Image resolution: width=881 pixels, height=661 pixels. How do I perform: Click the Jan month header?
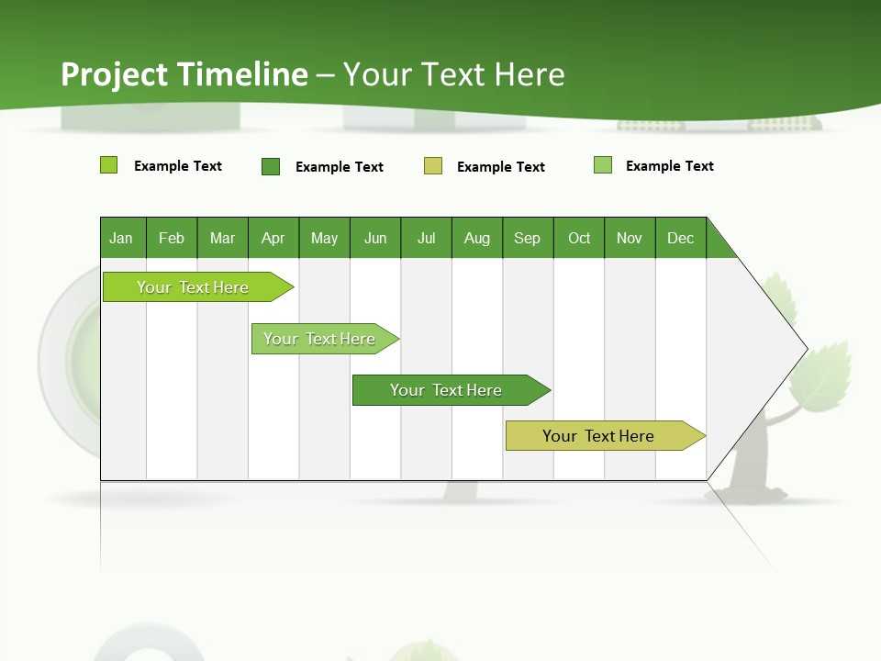point(121,238)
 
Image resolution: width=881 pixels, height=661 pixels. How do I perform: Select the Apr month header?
point(273,238)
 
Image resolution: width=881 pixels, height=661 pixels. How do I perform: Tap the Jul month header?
point(426,238)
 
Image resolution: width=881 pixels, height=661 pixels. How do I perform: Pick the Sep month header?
point(527,238)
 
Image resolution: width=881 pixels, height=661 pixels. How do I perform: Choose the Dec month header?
point(680,238)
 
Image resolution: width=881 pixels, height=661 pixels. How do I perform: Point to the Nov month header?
point(629,238)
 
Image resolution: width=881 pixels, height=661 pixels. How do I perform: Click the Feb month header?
point(172,238)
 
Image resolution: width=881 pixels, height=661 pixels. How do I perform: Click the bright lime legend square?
point(108,165)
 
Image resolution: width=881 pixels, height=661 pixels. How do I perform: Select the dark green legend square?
point(271,166)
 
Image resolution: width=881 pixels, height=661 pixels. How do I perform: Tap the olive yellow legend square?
point(433,166)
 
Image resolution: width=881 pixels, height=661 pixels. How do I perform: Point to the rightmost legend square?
point(603,165)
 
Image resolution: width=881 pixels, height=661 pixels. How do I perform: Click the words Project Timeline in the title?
point(184,74)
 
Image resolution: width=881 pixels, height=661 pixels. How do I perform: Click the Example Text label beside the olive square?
point(500,167)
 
